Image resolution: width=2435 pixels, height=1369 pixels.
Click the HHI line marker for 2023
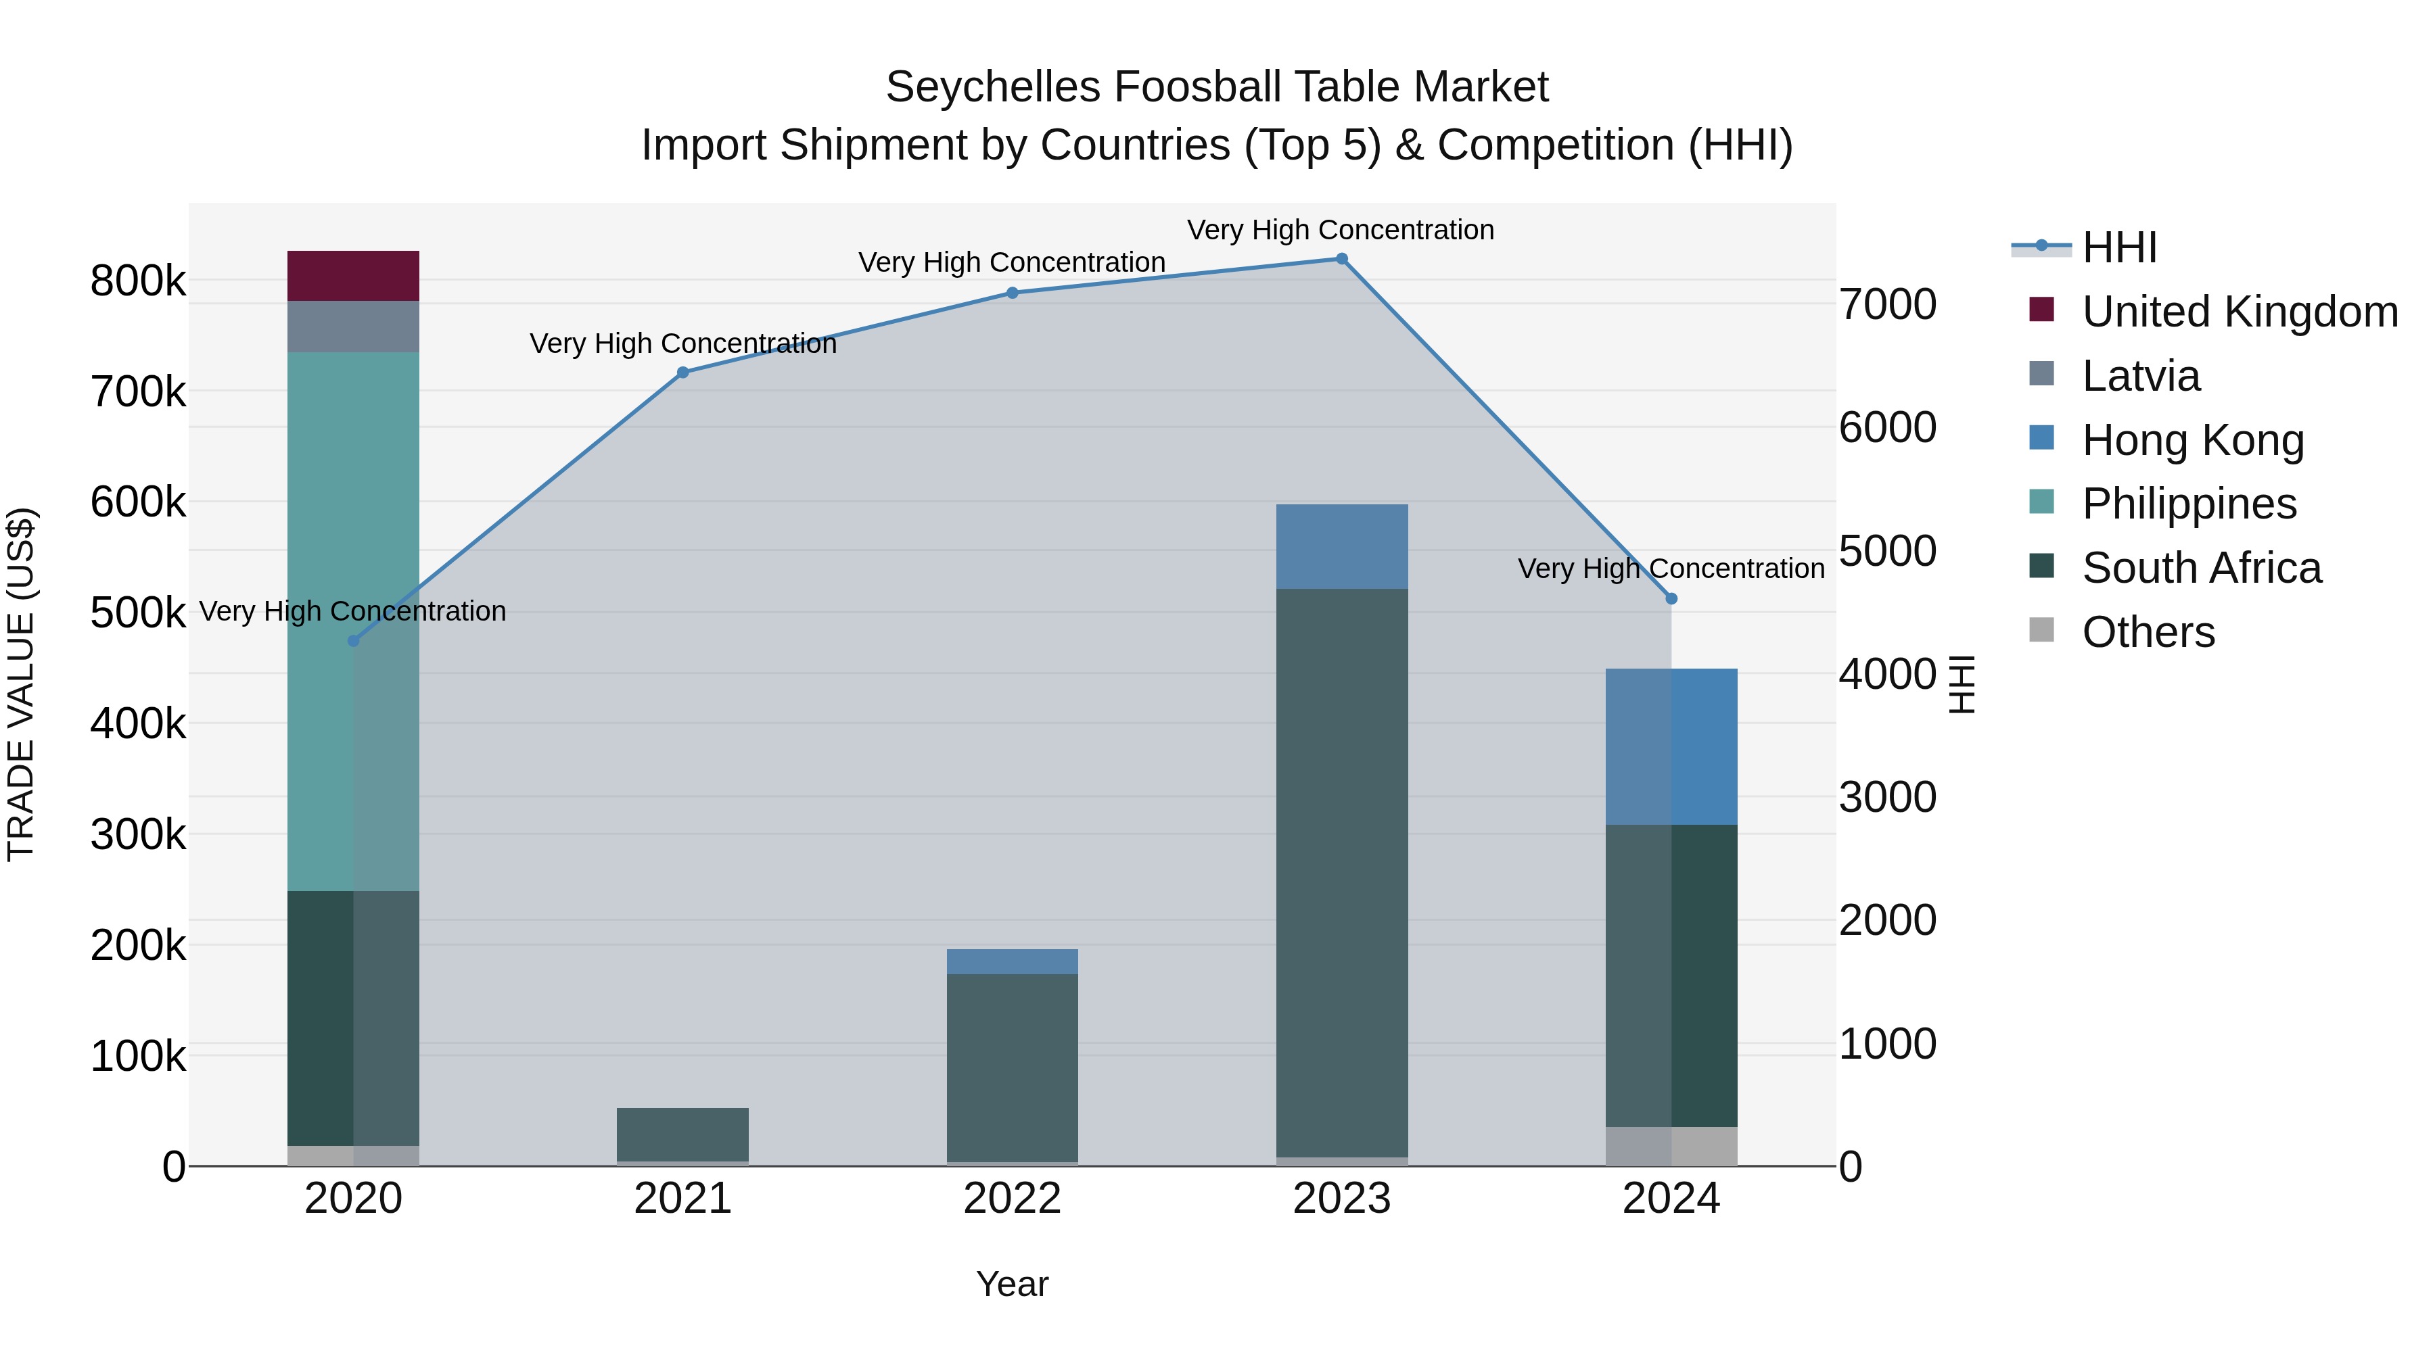1341,259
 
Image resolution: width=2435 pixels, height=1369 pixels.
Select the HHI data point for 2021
683,373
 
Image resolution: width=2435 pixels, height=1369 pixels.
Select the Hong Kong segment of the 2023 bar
1341,546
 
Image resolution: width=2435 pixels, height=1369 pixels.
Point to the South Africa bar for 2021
682,1134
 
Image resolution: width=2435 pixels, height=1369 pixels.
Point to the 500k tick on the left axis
138,613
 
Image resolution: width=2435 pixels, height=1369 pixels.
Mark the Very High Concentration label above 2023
1341,230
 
